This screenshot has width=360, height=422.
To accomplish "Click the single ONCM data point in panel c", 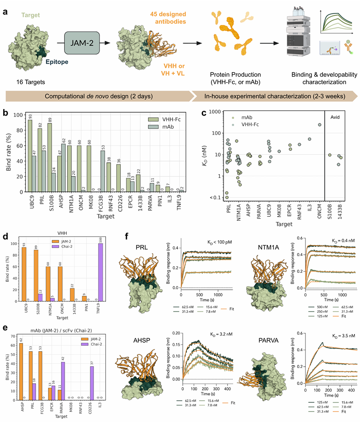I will tap(319, 124).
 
